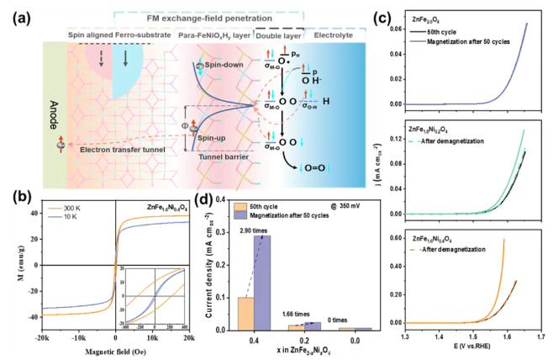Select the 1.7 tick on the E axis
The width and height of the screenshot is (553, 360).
(540, 336)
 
